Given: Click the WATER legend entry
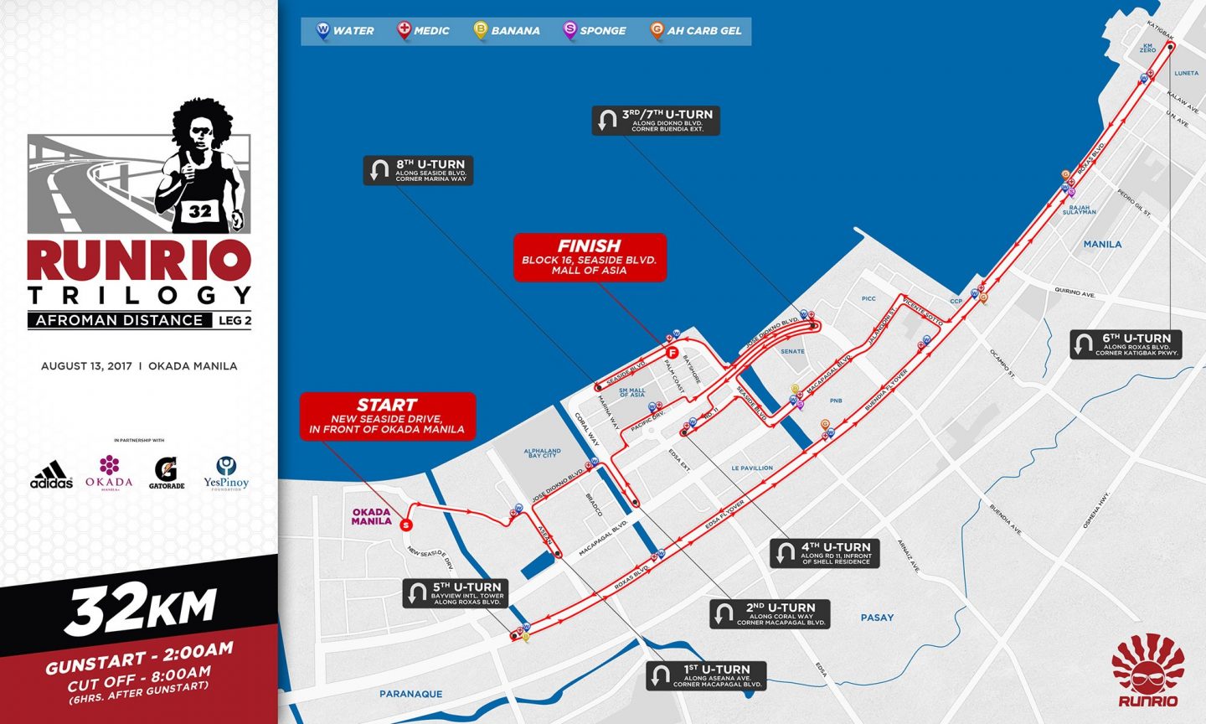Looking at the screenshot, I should point(344,31).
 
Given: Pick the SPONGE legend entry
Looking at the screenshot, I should point(594,31).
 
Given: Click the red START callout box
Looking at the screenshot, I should point(388,416).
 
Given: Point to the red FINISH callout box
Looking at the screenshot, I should point(590,257).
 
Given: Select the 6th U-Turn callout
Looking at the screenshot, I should point(1126,344).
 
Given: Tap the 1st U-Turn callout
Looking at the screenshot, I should point(706,676).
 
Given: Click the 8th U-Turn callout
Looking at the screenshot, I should point(418,170).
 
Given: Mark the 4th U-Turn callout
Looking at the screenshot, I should point(824,553).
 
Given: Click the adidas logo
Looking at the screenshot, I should point(51,475).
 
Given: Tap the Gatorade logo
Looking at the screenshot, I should point(167,473).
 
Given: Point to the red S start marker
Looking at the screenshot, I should point(406,525).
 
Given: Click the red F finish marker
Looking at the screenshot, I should point(672,353).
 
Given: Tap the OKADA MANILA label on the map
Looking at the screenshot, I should point(371,516).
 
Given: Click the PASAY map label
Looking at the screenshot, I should point(877,618).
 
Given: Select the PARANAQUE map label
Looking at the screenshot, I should point(410,694).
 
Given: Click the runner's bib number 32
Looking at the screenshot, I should point(200,211).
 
